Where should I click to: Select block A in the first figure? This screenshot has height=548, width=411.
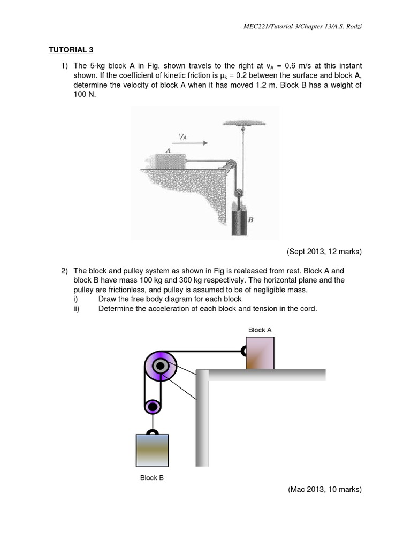pos(170,161)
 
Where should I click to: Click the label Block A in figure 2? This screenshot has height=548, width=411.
pos(260,330)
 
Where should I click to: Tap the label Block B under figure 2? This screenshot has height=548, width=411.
pos(152,477)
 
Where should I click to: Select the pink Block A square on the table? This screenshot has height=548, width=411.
pos(260,352)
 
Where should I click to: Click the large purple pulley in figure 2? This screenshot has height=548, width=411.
pos(160,367)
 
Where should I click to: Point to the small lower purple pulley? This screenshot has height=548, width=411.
pos(153,406)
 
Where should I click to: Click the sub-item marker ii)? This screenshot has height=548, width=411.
pos(77,309)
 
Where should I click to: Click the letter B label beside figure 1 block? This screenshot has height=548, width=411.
pos(250,219)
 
